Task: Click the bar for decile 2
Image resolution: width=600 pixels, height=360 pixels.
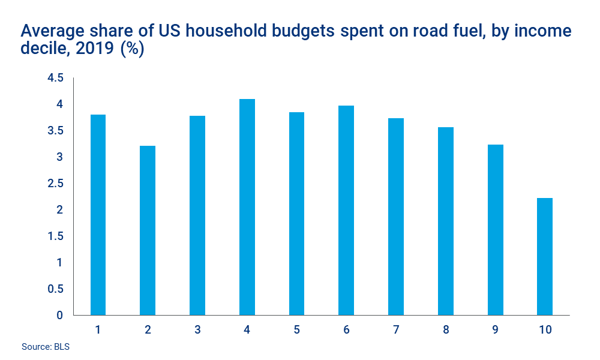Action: coord(148,230)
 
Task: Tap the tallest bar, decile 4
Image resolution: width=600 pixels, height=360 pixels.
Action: coord(247,207)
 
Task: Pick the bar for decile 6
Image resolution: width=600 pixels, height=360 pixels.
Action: coord(346,211)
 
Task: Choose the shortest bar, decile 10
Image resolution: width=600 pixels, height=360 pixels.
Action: coord(545,257)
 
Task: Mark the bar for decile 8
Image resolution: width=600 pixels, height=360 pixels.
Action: coord(445,221)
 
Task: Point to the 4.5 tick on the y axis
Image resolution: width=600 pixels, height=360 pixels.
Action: coord(55,78)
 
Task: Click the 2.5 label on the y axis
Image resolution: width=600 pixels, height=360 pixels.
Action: coord(55,184)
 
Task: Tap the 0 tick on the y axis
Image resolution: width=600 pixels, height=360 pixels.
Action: coord(59,315)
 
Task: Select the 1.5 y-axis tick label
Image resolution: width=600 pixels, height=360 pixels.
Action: coord(55,236)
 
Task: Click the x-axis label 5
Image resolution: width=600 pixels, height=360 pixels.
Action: coord(296,330)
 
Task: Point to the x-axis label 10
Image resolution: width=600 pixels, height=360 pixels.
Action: coord(545,330)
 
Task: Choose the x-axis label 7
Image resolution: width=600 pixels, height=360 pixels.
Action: coord(396,330)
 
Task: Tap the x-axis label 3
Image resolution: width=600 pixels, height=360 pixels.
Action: coord(197,330)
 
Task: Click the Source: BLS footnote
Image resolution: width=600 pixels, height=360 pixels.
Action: coord(46,347)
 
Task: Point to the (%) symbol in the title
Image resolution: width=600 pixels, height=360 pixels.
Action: coord(131,49)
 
